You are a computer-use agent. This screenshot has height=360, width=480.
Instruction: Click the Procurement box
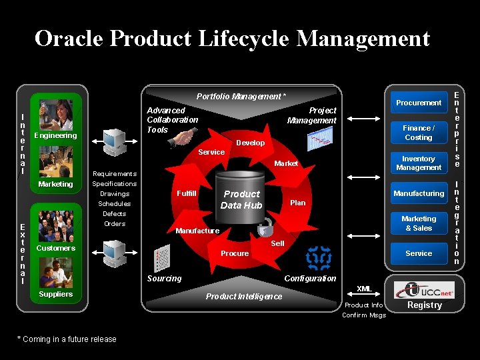[418, 103]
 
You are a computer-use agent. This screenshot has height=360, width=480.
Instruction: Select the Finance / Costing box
[418, 133]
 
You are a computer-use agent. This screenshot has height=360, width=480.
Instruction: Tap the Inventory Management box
[418, 163]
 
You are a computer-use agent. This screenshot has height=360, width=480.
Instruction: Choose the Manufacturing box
[418, 193]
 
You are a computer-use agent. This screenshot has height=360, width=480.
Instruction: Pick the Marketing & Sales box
[418, 223]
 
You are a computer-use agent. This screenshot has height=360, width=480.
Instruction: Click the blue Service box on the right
[418, 253]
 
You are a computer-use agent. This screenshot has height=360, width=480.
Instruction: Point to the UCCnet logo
[424, 289]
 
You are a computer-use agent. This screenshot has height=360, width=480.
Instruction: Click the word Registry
[425, 305]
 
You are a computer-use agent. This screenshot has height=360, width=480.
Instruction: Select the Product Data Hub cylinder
[241, 197]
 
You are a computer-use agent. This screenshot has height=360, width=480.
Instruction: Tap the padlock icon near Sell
[265, 225]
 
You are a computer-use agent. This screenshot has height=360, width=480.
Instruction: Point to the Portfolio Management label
[241, 97]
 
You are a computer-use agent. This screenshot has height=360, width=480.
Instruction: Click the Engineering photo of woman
[56, 115]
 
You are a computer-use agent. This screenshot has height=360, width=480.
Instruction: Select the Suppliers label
[56, 294]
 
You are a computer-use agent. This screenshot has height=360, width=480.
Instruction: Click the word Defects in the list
[114, 214]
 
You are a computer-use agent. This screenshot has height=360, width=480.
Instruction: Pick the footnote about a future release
[67, 339]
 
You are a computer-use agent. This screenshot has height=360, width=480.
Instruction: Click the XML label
[364, 289]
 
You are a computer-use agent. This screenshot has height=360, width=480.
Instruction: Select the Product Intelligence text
[243, 297]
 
